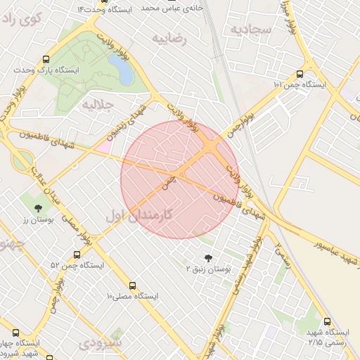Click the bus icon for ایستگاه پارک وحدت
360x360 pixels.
click(46, 60)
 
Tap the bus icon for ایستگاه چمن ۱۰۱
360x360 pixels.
click(300, 73)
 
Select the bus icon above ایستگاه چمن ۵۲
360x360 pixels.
click(77, 255)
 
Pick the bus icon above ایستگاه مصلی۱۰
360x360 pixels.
click(132, 286)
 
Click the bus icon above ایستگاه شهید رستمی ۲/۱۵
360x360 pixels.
click(326, 320)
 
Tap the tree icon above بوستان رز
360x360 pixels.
click(37, 208)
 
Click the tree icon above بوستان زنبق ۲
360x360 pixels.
click(207, 258)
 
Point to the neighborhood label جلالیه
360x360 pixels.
click(97, 105)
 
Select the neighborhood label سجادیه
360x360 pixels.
click(250, 30)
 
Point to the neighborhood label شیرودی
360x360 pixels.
click(100, 343)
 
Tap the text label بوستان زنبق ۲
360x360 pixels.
click(208, 269)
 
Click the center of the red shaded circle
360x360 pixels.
click(180, 180)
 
